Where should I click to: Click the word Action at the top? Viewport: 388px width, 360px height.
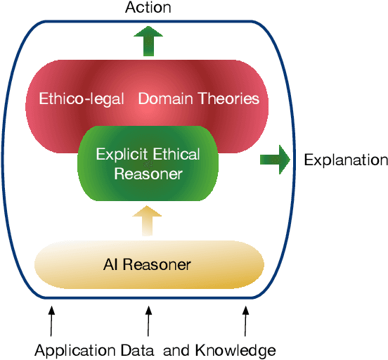coord(148,8)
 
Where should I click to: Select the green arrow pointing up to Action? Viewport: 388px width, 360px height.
coord(148,40)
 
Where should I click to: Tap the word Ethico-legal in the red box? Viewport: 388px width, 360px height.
coord(75,98)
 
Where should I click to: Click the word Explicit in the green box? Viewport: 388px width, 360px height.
coord(121,155)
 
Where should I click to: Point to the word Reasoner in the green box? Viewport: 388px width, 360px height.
coord(148,173)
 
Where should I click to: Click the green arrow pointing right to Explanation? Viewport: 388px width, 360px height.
coord(276,160)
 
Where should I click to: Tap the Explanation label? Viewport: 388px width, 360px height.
coord(345,160)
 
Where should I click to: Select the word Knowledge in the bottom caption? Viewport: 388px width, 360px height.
coord(235,350)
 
